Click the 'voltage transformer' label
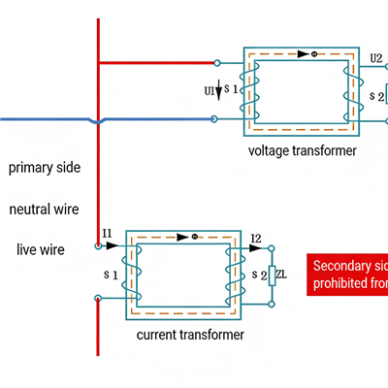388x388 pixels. (x=303, y=151)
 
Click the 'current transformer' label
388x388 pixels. (x=190, y=335)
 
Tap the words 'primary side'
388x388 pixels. (x=45, y=168)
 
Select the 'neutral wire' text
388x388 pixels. (x=44, y=209)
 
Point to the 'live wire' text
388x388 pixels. (x=41, y=249)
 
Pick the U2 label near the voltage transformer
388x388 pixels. (x=376, y=59)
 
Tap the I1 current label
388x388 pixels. (x=107, y=235)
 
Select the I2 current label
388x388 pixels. (x=255, y=238)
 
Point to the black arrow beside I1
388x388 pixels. (x=113, y=246)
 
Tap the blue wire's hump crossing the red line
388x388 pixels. (x=97, y=120)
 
